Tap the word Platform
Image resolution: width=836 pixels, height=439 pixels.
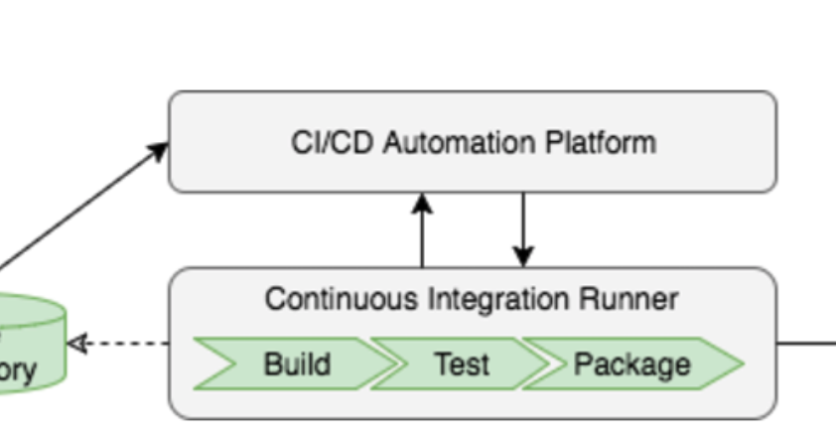point(601,142)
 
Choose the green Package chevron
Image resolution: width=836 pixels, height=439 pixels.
point(631,365)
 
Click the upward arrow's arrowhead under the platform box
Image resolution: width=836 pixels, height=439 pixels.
point(422,203)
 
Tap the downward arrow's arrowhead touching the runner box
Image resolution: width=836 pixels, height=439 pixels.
point(523,257)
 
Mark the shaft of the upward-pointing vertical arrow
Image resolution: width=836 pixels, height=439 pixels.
point(422,238)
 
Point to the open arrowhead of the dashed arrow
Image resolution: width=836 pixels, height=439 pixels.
point(76,344)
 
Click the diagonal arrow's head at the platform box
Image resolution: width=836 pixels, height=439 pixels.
point(159,150)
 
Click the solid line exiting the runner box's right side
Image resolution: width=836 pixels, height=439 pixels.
point(805,345)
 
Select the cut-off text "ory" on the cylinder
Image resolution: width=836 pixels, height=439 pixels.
point(18,370)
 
